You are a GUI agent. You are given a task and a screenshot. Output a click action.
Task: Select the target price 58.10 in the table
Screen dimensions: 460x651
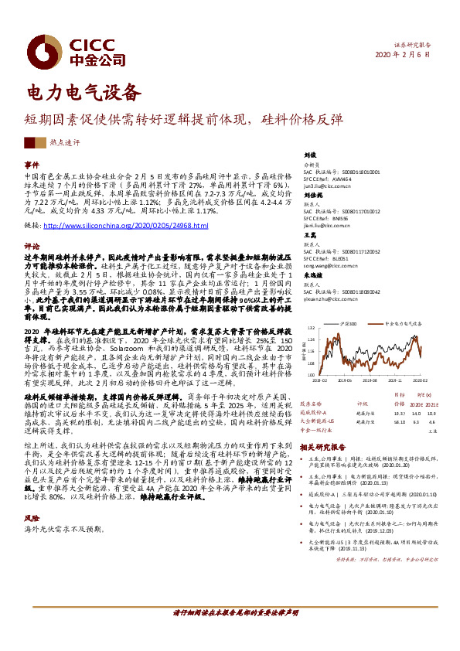(x=399, y=422)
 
